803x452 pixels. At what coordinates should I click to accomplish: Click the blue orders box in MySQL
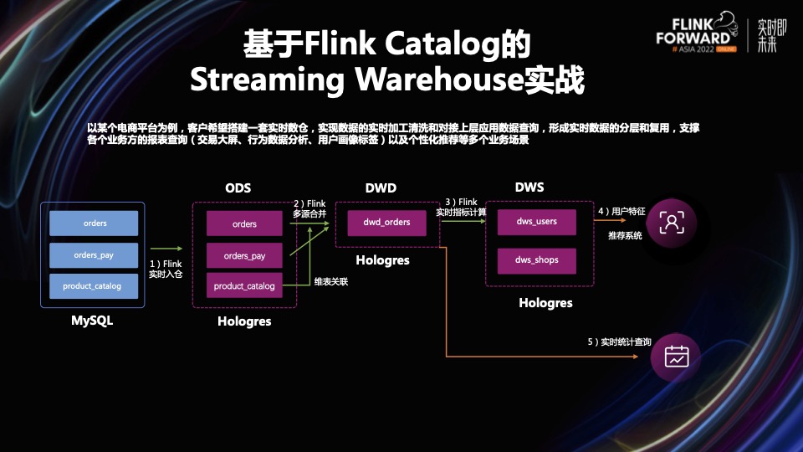point(94,223)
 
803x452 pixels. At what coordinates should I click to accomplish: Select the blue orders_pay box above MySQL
point(94,255)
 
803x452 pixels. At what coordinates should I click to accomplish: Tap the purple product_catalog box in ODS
point(244,286)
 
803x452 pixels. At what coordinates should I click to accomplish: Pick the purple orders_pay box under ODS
point(244,255)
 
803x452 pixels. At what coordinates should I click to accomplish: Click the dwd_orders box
point(386,223)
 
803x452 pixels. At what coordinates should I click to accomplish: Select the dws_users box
point(537,222)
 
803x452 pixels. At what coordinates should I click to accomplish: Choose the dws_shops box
point(537,260)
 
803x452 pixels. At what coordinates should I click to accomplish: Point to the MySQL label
point(92,320)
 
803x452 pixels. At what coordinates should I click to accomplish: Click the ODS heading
point(238,187)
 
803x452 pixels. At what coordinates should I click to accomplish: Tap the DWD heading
point(381,187)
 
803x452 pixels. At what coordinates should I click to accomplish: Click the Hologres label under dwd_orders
point(382,260)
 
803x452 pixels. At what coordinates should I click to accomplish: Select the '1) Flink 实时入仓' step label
point(166,269)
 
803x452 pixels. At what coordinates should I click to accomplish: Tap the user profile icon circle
point(673,222)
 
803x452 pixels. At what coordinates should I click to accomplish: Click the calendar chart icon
point(676,357)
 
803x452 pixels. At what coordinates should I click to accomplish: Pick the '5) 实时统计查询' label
point(619,342)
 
